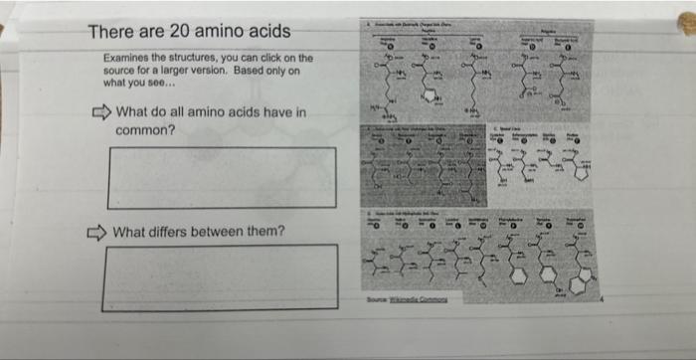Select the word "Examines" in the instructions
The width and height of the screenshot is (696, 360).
[127, 58]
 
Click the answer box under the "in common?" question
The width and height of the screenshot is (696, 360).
[222, 178]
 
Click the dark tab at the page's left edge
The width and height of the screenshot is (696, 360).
[5, 29]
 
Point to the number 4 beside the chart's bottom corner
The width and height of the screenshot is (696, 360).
[601, 298]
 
